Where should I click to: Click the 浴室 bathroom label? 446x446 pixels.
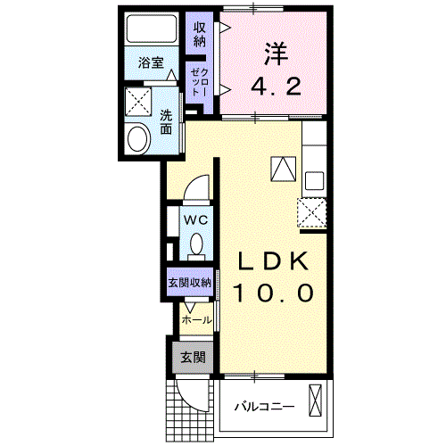click(151, 62)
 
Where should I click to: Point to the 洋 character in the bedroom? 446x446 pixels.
click(274, 54)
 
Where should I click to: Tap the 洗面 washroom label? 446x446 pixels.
click(167, 121)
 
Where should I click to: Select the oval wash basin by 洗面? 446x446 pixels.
click(138, 138)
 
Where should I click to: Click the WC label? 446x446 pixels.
click(195, 219)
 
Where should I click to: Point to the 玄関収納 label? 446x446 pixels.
click(189, 283)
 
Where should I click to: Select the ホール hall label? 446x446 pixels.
click(196, 318)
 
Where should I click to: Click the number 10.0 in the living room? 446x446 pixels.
click(274, 293)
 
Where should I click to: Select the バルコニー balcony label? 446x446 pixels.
click(264, 408)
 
